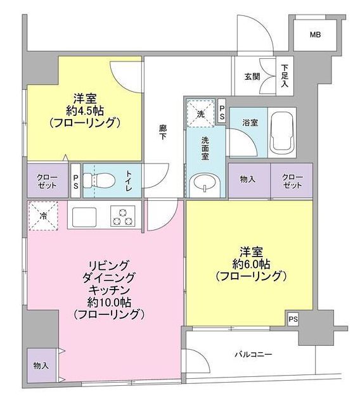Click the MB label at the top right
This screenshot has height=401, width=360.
point(315,34)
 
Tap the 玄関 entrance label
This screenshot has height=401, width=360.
point(252,77)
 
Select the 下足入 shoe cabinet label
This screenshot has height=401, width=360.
point(285,75)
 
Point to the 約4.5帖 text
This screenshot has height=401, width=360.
point(85,110)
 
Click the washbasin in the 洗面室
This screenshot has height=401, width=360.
point(203,185)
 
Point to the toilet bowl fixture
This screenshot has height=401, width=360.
point(101,180)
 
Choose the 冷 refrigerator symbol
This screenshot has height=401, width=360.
point(42,215)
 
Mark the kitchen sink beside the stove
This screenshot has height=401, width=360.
point(85,216)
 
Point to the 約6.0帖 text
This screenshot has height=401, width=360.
point(251,264)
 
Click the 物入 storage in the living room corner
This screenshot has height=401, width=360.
point(41,366)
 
